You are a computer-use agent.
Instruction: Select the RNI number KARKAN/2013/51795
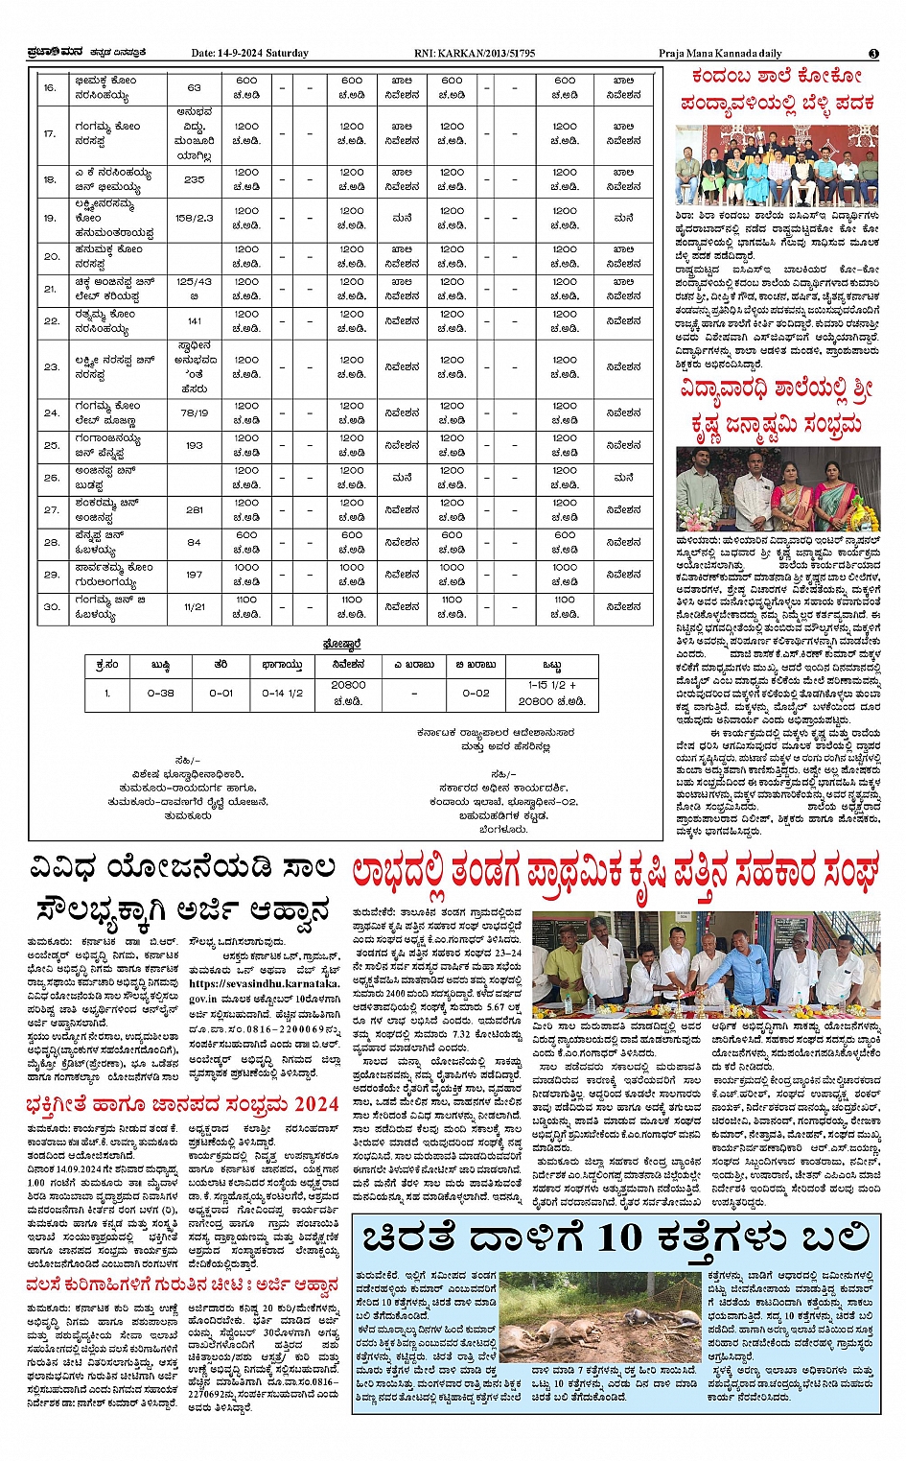(489, 54)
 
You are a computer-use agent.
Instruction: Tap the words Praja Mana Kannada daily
(720, 54)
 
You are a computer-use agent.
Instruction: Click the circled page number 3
(873, 54)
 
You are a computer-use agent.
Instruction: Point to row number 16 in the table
(50, 88)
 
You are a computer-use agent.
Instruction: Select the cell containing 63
(194, 88)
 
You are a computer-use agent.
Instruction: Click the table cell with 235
(194, 179)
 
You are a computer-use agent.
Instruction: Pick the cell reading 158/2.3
(194, 218)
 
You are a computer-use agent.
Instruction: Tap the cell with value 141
(194, 321)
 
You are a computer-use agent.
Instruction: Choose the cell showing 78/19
(194, 412)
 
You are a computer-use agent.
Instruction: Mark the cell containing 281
(194, 509)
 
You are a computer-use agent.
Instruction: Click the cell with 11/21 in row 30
(194, 606)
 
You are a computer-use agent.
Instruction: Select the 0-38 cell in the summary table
(160, 693)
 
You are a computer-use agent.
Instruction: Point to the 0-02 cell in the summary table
(475, 693)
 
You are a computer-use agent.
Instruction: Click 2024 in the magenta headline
(315, 1105)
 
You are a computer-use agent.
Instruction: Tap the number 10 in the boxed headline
(621, 1237)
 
